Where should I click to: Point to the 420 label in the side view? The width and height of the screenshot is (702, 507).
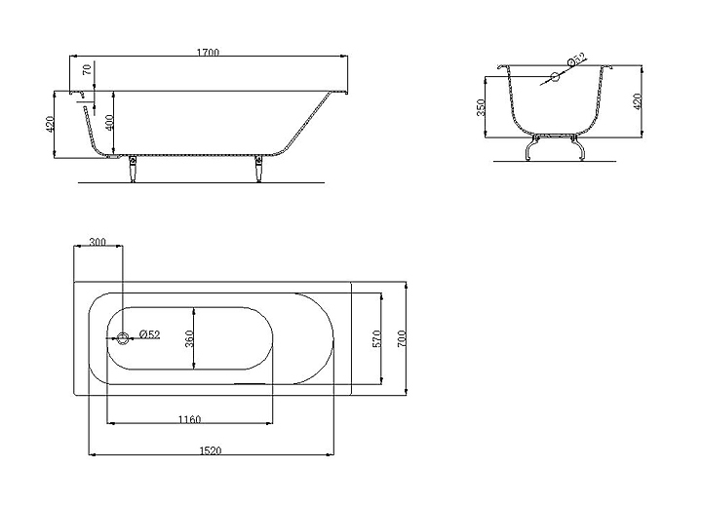coord(51,125)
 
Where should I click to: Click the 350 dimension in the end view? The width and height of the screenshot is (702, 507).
coord(482,106)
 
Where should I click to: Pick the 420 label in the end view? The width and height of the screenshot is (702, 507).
coord(638,102)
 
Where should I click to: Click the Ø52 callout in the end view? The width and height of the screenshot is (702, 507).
coord(576,60)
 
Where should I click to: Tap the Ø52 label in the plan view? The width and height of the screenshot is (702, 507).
coord(149,334)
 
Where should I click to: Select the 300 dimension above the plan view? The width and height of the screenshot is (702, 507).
coord(97,242)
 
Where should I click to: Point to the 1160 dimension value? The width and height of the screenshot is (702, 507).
coord(190,419)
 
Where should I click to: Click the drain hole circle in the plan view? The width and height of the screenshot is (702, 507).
coord(124,337)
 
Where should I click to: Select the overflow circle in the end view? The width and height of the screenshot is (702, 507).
coord(554,77)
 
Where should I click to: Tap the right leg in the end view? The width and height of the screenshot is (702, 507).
coord(579,148)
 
